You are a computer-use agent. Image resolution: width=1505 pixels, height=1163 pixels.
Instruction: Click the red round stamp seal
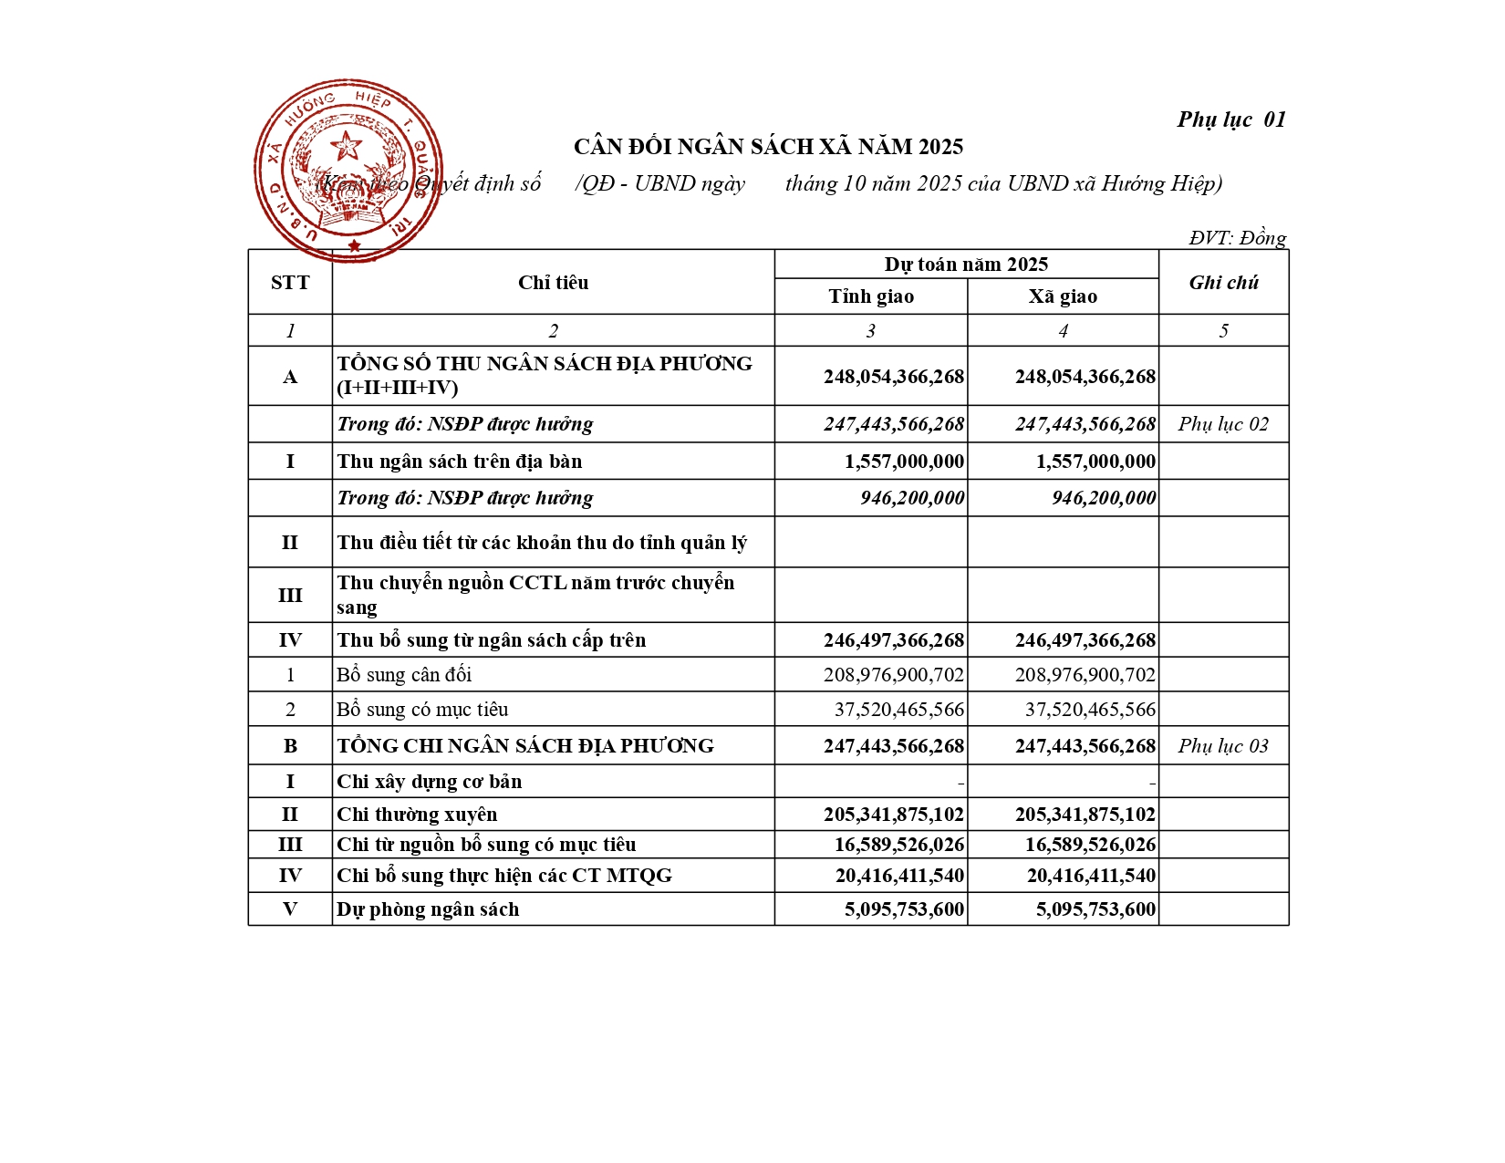348,171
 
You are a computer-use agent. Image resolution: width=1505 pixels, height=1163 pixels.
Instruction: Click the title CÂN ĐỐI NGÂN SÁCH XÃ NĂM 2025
768,147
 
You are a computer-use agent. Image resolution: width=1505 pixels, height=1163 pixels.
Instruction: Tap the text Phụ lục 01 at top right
1230,119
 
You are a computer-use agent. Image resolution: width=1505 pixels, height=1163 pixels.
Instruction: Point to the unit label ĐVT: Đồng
1237,238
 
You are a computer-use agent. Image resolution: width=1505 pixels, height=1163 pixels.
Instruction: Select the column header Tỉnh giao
871,296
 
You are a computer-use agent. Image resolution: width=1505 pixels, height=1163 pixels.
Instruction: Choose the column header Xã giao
1063,296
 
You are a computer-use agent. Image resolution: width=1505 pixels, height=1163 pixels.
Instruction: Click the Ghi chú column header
1223,283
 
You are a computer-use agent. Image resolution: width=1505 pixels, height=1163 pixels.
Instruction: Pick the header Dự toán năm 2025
966,265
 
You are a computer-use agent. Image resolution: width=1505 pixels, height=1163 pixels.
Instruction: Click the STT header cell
290,283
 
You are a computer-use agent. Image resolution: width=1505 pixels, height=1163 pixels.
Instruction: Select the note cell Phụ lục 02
1223,424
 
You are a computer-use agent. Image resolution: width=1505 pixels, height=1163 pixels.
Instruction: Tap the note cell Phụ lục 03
1223,746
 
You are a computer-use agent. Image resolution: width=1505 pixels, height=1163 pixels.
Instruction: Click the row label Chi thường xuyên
417,815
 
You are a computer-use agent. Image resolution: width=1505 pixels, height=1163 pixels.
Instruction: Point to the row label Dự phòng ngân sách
428,909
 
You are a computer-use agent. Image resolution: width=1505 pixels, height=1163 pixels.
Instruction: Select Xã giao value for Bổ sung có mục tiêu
1090,710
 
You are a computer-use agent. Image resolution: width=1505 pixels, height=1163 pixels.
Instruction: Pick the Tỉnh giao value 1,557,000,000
904,462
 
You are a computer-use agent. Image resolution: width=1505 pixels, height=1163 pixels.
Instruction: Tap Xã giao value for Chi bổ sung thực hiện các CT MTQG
1091,876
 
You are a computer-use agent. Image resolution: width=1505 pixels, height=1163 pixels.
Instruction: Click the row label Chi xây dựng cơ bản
430,782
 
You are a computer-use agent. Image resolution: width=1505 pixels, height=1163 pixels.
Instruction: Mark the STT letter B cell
290,746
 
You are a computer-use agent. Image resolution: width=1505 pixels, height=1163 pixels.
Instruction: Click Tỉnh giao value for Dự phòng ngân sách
904,909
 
